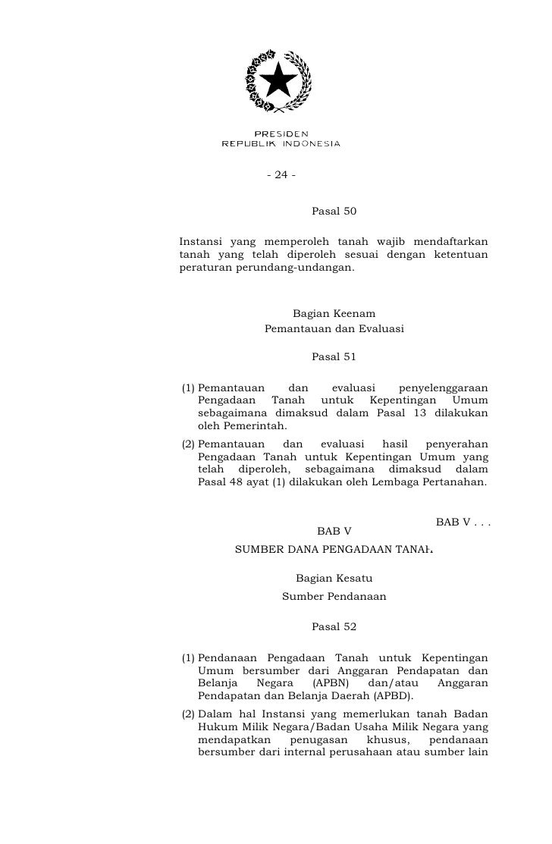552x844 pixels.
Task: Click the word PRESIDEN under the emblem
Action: coord(281,133)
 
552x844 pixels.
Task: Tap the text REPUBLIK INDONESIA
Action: coord(281,143)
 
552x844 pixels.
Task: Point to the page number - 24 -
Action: coord(281,176)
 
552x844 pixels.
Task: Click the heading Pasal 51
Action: coord(334,356)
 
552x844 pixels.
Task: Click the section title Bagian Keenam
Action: coord(334,314)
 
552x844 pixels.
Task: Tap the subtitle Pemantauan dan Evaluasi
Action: coord(334,329)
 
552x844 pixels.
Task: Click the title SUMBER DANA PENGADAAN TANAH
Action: coord(334,551)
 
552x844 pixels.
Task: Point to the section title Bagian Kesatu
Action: coord(334,579)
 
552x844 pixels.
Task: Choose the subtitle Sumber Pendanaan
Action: coord(334,596)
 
